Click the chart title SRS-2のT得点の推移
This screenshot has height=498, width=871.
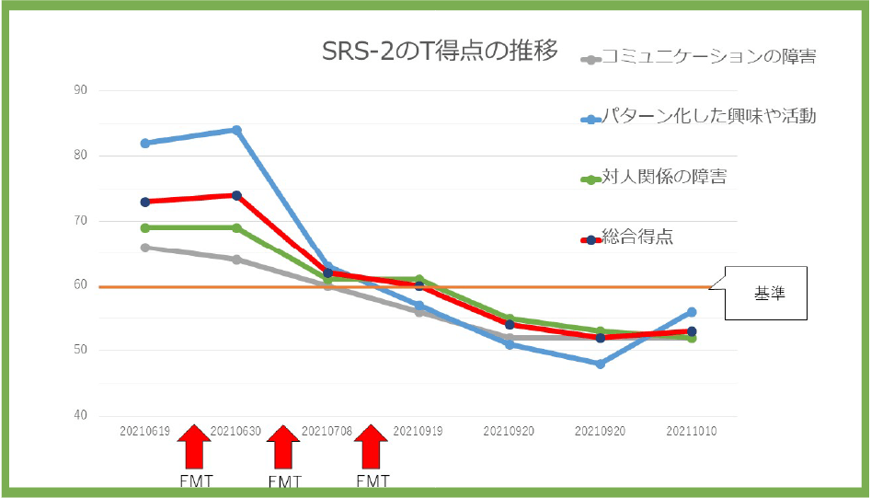(440, 52)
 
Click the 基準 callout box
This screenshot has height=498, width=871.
(766, 294)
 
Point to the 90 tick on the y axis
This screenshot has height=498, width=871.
(80, 90)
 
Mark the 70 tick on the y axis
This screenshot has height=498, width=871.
(80, 221)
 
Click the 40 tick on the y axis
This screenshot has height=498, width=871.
(80, 416)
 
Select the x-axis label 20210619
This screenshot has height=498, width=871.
(145, 431)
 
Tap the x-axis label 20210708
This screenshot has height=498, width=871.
(327, 431)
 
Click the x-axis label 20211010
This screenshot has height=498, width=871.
(692, 431)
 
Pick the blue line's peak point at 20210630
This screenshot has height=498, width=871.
(236, 130)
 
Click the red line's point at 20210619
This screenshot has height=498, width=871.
(145, 202)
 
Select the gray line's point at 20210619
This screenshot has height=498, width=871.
(145, 247)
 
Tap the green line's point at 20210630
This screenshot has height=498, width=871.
(236, 227)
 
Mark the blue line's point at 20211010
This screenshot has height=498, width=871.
(692, 312)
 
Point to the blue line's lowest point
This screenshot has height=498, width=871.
(601, 364)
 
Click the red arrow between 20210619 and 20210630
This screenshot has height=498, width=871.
(193, 448)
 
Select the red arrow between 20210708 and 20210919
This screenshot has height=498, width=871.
(372, 448)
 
